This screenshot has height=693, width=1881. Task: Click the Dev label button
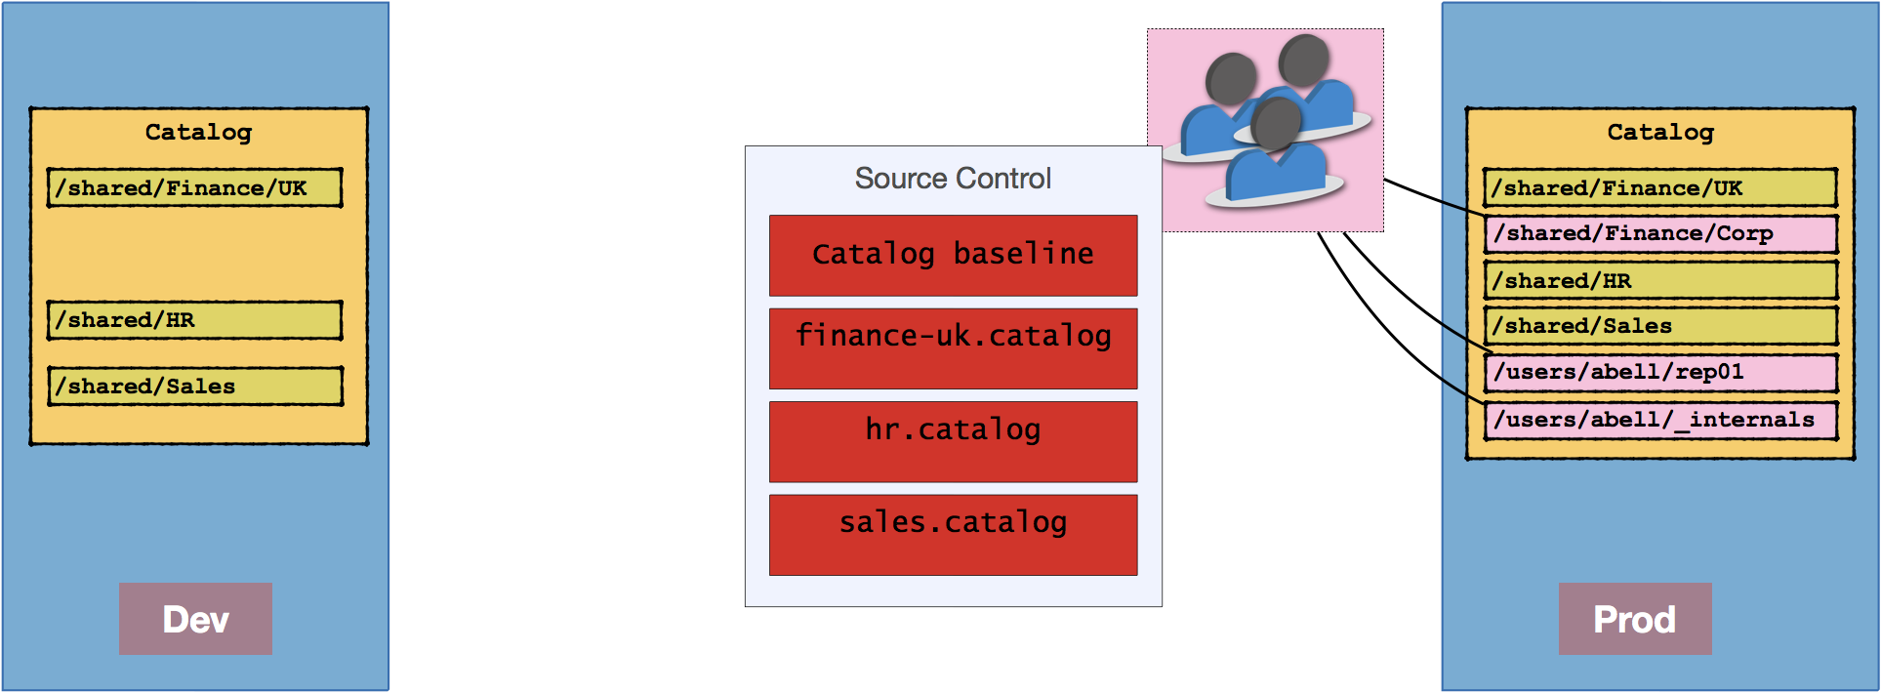tap(195, 619)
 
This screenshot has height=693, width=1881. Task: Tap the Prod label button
tap(1634, 619)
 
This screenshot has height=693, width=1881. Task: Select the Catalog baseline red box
tap(953, 255)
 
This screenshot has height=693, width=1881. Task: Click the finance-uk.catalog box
tap(953, 348)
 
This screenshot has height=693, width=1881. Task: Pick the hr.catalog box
tap(953, 441)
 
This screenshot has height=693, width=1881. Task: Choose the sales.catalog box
tap(953, 535)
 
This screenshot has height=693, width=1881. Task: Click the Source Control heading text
tap(953, 179)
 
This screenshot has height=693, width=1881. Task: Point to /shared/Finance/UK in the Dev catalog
tap(195, 187)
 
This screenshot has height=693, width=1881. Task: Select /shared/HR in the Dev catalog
tap(195, 320)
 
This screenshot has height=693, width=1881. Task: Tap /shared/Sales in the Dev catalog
tap(195, 386)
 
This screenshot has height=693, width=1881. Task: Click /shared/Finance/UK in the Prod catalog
tap(1659, 187)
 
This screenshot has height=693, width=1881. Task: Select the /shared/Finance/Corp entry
tap(1659, 233)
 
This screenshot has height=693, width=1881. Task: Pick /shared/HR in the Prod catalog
tap(1659, 280)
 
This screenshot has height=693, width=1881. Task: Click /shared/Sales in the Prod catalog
tap(1659, 326)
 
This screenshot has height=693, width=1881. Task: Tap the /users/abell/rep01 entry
tap(1659, 372)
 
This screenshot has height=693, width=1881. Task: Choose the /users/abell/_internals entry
tap(1659, 420)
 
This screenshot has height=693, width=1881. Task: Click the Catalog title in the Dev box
tap(198, 132)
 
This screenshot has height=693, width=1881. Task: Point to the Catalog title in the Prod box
tap(1660, 132)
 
